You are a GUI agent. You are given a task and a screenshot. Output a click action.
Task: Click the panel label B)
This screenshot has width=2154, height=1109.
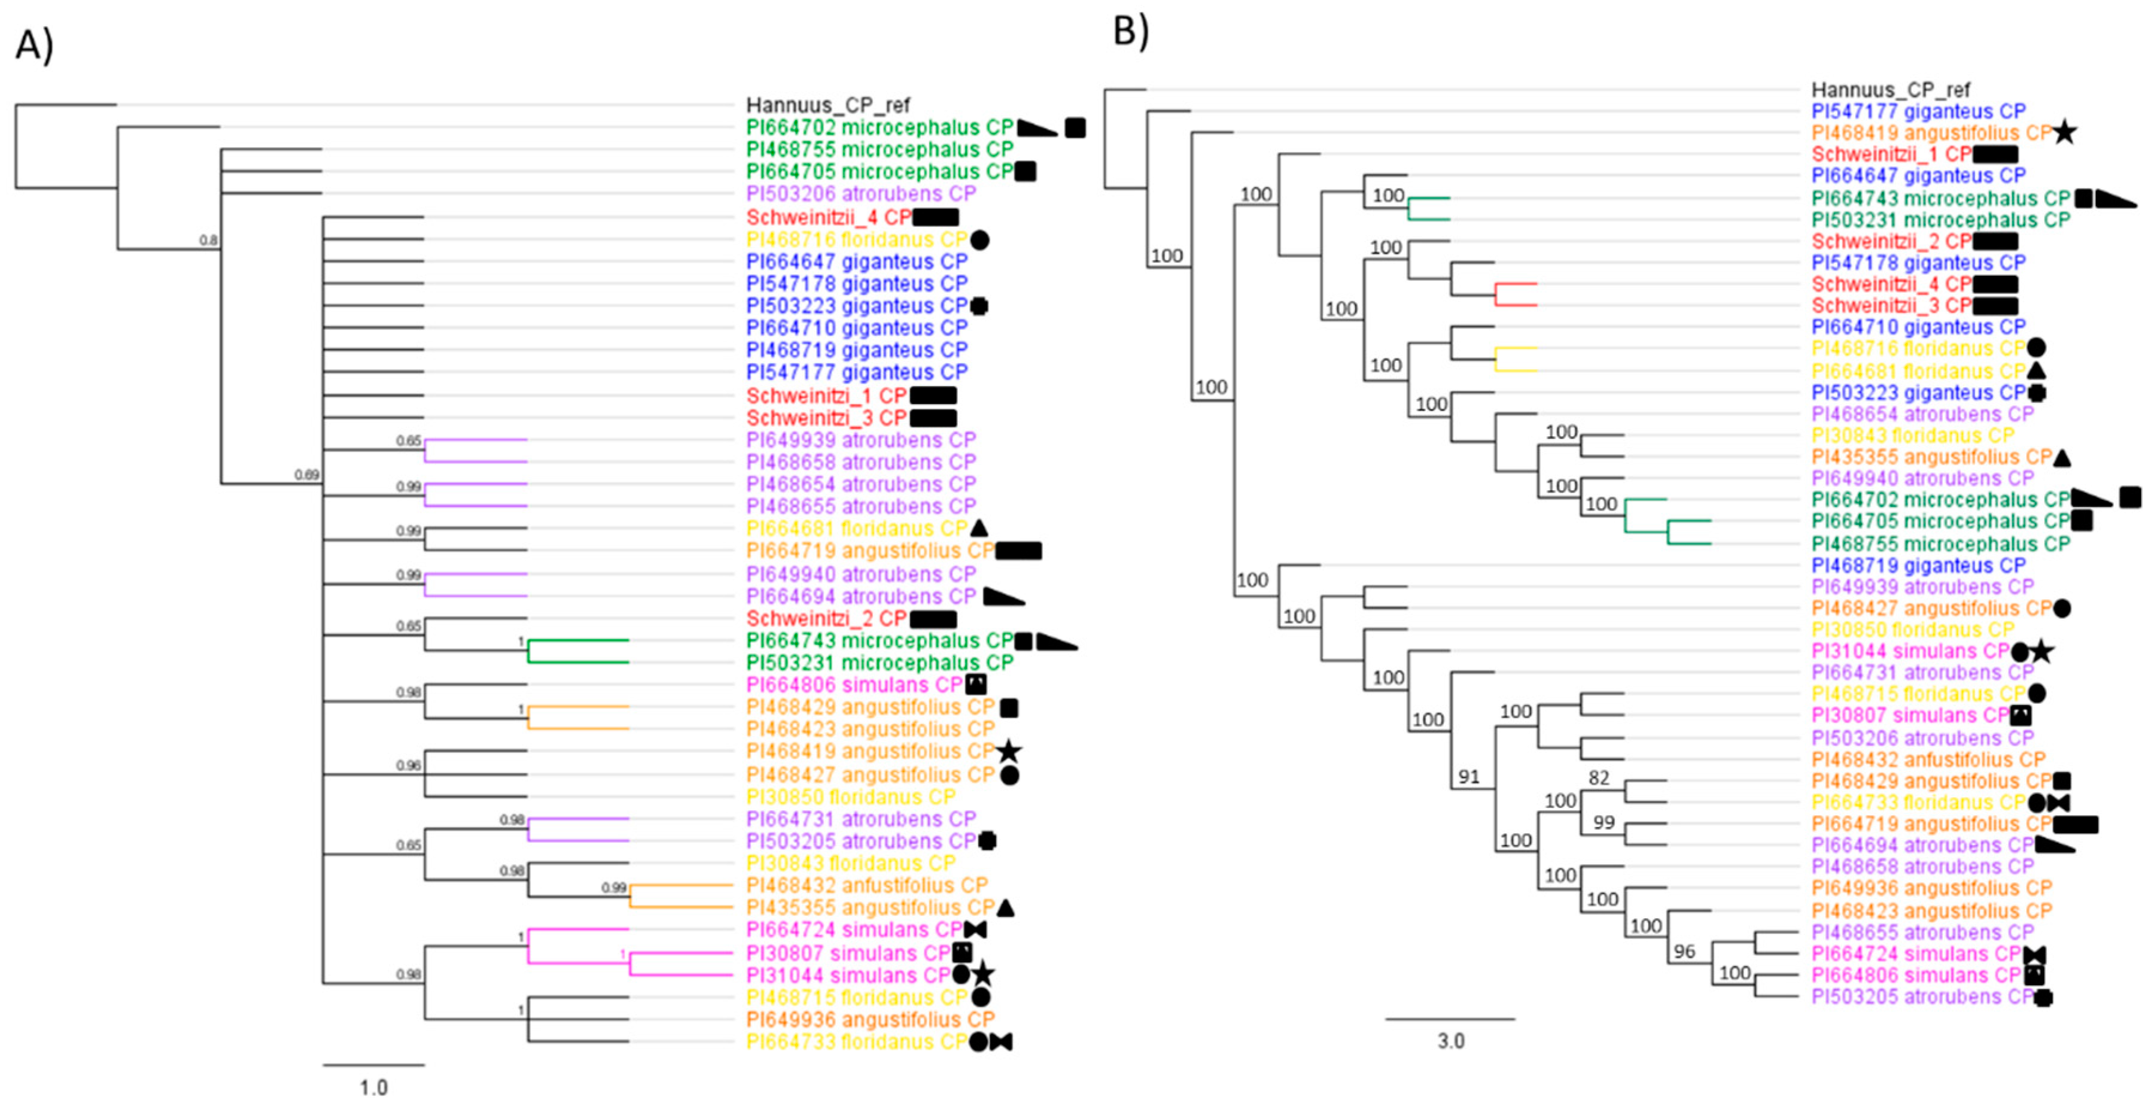click(1130, 31)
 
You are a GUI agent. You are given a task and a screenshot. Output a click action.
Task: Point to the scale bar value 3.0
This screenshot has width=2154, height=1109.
click(1451, 1041)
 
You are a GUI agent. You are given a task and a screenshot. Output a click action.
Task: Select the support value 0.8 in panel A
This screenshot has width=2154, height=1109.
click(208, 241)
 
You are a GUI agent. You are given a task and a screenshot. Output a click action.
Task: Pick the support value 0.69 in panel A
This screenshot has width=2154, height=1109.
click(307, 475)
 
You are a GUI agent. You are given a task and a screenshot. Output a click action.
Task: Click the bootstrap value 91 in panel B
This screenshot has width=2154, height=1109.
click(1469, 777)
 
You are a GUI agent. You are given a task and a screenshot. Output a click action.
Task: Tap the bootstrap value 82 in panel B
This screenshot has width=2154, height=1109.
click(1599, 778)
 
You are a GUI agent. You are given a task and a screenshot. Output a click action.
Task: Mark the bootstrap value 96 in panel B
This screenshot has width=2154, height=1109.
click(1684, 952)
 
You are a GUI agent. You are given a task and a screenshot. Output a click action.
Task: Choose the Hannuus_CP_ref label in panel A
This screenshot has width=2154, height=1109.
click(828, 105)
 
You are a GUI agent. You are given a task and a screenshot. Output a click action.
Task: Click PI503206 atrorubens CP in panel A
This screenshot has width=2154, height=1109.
click(861, 194)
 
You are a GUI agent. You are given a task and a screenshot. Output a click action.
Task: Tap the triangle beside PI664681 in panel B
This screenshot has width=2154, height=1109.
click(2037, 370)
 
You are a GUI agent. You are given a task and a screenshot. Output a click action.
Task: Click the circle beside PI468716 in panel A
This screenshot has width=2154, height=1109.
click(980, 240)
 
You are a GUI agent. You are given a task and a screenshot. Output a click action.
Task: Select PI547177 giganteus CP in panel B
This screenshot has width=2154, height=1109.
click(1918, 111)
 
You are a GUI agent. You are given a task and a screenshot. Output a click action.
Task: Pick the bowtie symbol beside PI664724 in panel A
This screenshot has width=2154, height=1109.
click(975, 930)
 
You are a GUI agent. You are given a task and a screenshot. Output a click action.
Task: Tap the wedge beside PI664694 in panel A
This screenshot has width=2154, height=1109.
click(1003, 597)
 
